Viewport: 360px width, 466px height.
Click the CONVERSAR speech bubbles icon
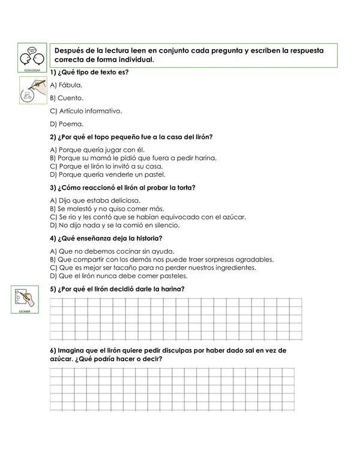32,58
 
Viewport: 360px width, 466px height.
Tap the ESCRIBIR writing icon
23,298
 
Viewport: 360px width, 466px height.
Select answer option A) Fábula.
66,85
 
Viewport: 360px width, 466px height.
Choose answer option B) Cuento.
67,98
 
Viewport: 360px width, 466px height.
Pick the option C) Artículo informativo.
86,111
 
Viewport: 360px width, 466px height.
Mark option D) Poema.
67,124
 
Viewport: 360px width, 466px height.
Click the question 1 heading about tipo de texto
90,72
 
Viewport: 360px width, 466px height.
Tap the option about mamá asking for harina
133,158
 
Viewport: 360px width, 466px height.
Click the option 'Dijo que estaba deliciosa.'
95,200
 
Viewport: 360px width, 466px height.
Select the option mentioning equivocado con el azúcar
148,217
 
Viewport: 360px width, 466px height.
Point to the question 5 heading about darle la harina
117,289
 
